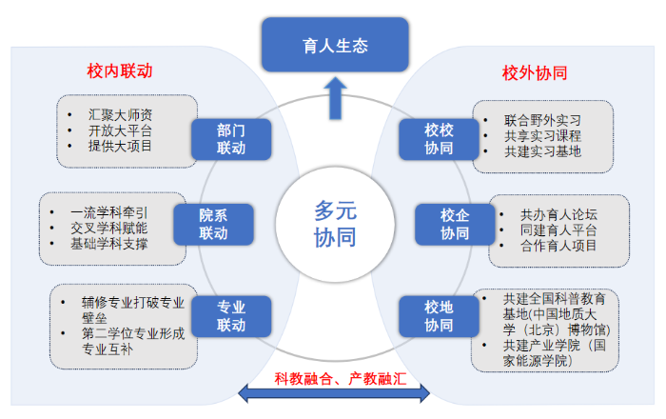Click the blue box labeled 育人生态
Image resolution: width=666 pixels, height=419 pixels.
[334, 46]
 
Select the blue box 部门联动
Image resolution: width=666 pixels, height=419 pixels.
[231, 139]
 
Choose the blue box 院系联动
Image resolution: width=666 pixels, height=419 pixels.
[213, 224]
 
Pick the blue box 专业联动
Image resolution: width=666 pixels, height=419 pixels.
[231, 316]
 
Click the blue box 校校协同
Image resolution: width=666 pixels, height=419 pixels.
[439, 139]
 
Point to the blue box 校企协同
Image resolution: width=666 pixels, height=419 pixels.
[455, 224]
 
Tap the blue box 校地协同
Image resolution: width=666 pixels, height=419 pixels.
[439, 316]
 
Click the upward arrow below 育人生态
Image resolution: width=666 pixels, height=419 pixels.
[334, 97]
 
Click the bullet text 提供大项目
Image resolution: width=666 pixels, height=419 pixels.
[120, 146]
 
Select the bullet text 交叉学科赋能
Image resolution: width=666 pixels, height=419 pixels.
[109, 228]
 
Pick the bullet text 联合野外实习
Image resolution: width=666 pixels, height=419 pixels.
[543, 121]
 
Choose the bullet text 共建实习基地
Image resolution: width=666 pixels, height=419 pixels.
[543, 151]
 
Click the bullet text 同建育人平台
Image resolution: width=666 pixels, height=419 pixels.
[558, 229]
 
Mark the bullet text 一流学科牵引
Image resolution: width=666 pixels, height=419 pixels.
[109, 211]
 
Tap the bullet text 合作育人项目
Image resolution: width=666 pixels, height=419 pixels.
[558, 245]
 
